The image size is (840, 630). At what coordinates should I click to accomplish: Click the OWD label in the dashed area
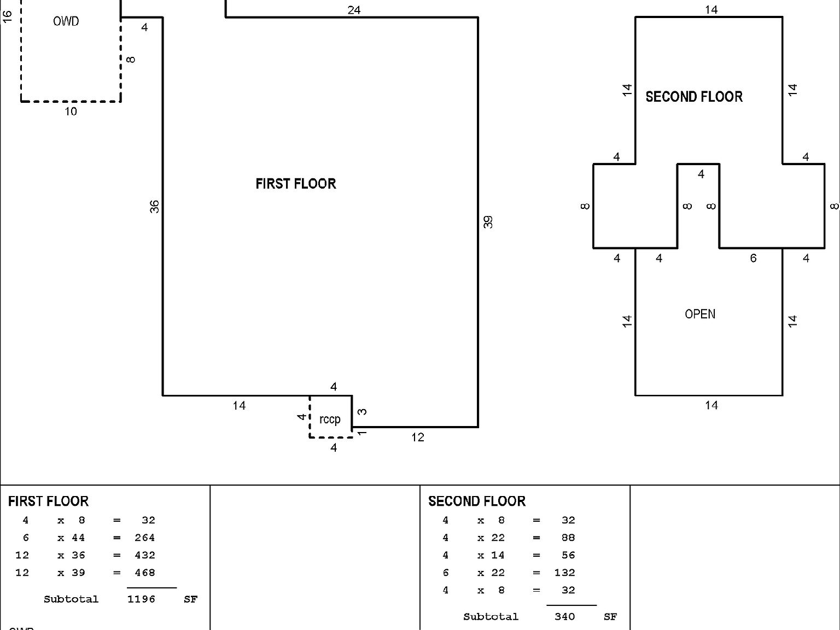pos(66,21)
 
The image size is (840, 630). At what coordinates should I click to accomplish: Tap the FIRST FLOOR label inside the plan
pos(295,184)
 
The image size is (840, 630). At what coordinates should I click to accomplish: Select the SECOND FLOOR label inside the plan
pos(693,97)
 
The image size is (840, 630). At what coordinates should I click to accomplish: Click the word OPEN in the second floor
pos(699,314)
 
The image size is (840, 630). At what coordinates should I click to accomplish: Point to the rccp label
pos(329,419)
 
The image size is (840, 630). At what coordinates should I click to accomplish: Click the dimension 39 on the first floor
pos(488,221)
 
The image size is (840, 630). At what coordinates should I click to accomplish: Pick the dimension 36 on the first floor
pos(155,207)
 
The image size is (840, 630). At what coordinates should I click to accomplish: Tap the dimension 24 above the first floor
pos(354,10)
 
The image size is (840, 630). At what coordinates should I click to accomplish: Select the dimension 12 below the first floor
pos(417,437)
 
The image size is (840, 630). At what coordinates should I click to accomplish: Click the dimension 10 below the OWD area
pos(71,112)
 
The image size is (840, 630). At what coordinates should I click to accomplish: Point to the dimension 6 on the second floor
pos(752,258)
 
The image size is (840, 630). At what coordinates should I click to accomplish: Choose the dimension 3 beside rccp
pos(362,412)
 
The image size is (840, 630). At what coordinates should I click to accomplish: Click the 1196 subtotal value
pos(141,599)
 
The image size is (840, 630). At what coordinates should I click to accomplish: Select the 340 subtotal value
pos(564,617)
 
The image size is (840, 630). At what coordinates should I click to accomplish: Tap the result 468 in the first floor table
pos(144,573)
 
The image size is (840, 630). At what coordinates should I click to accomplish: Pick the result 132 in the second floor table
pos(564,573)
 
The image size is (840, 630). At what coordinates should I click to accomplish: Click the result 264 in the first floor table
pos(144,538)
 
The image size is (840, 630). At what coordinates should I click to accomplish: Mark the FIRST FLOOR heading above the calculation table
pos(48,501)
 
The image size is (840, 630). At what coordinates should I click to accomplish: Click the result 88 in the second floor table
pos(568,538)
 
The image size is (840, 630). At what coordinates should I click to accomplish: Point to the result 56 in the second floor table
pos(568,555)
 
